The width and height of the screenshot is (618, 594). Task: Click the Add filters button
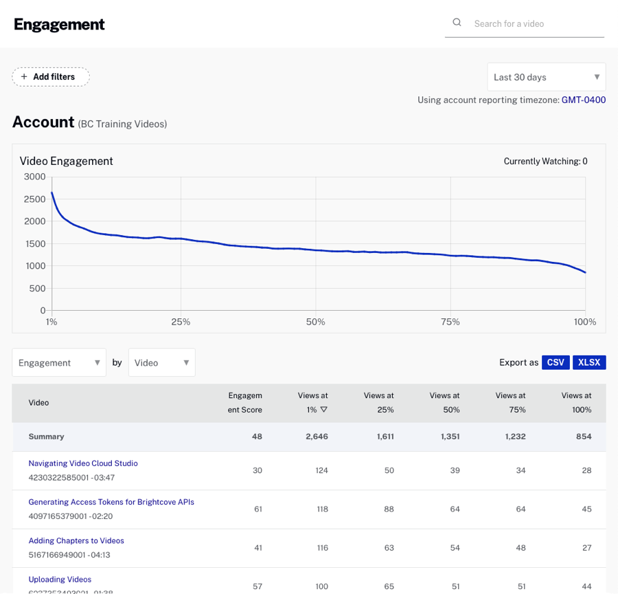[51, 77]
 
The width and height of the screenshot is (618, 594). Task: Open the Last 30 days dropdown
[546, 77]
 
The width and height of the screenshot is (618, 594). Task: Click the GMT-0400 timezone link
[583, 100]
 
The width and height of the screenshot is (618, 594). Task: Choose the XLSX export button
[589, 362]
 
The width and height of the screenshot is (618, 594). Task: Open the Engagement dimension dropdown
[59, 362]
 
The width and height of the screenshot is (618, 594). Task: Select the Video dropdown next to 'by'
[161, 362]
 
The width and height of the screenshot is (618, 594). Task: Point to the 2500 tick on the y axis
[34, 199]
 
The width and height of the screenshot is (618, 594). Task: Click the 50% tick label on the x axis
[315, 322]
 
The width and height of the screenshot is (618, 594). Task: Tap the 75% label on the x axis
[450, 322]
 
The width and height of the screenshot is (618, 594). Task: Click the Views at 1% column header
[312, 402]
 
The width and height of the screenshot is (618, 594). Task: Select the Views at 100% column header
[576, 402]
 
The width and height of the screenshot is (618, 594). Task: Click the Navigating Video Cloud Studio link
[83, 463]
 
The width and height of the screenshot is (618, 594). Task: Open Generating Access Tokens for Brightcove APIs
[111, 502]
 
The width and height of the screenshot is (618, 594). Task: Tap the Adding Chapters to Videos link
[76, 540]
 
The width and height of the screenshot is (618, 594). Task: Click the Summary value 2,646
[317, 437]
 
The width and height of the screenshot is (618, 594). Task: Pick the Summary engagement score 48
[257, 437]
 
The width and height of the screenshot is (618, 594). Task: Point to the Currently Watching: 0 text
[545, 162]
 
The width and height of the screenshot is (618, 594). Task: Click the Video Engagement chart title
[67, 161]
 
